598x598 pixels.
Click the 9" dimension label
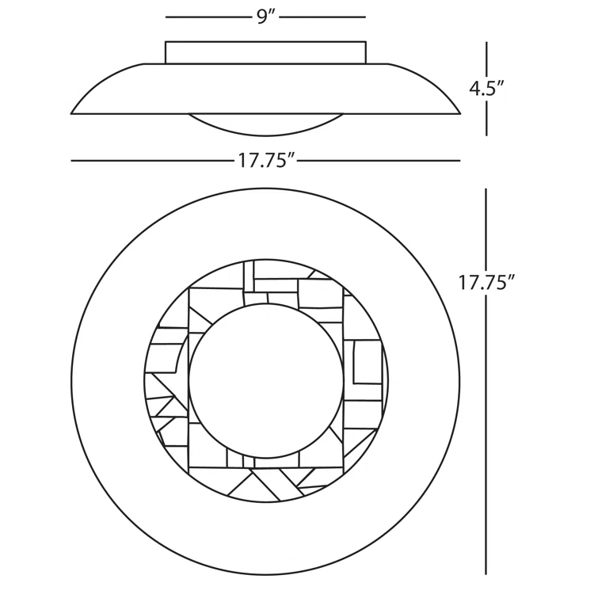tap(266, 17)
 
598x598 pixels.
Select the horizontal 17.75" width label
tap(267, 161)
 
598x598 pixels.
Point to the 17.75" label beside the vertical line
tap(486, 283)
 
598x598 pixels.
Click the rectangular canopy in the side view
tap(265, 52)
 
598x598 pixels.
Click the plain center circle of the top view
tap(266, 381)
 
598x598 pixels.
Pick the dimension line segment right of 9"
tap(323, 17)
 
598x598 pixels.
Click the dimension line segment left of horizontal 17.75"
tap(152, 161)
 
